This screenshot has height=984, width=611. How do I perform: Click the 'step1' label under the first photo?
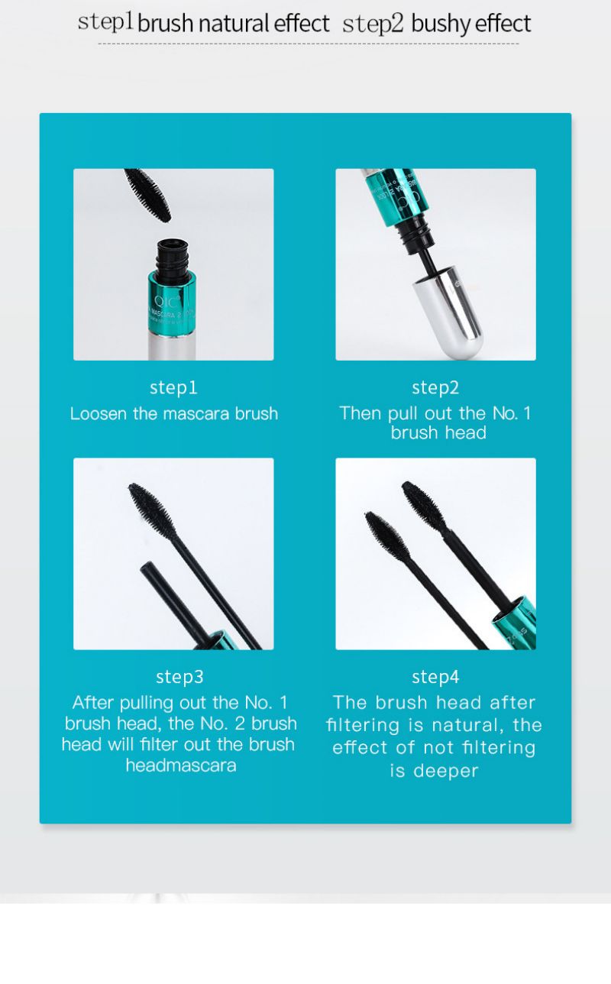[173, 388]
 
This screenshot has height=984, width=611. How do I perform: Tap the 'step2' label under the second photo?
[435, 388]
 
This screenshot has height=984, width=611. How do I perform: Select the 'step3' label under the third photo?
[179, 677]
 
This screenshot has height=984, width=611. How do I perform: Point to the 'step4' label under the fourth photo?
[435, 677]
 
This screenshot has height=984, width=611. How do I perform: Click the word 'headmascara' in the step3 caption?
[181, 765]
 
